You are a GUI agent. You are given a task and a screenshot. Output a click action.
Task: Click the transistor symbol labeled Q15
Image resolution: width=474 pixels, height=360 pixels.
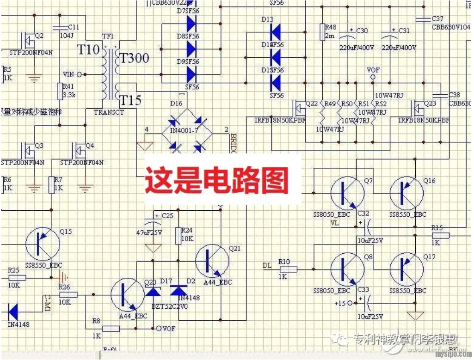(42, 245)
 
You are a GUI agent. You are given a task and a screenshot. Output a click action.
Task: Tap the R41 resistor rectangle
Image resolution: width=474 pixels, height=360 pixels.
(59, 91)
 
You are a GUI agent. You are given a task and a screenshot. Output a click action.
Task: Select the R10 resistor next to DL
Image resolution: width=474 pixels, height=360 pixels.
(288, 269)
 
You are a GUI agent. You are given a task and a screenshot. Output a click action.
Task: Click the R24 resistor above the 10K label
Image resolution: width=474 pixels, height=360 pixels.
(179, 235)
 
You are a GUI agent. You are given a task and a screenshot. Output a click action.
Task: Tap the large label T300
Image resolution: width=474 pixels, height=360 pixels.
(135, 58)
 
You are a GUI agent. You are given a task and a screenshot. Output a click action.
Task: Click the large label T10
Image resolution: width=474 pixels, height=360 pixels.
(88, 49)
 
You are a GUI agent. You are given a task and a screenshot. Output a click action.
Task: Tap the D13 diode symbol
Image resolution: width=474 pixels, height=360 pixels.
(276, 32)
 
